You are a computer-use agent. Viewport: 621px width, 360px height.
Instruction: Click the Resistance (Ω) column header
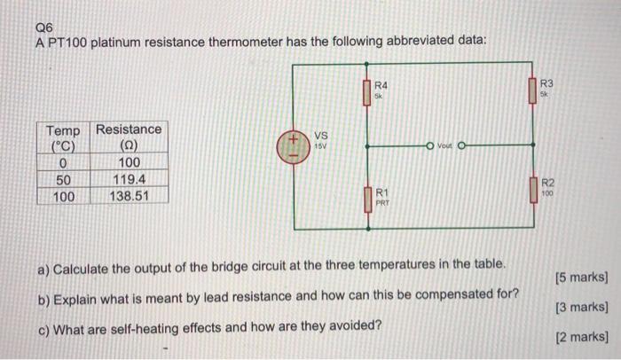(x=129, y=138)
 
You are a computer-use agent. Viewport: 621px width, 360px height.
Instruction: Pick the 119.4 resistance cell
(x=129, y=179)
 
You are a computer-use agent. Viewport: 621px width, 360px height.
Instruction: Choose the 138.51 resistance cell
(x=129, y=195)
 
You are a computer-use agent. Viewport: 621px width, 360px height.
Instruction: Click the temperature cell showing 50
(x=62, y=179)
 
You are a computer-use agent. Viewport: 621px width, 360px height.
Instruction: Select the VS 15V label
(x=321, y=139)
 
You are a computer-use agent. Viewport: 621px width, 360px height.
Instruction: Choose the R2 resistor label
(x=546, y=184)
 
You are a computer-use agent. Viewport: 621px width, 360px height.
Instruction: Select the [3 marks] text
(x=580, y=308)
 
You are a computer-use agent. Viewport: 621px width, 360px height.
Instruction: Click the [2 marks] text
(x=580, y=337)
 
